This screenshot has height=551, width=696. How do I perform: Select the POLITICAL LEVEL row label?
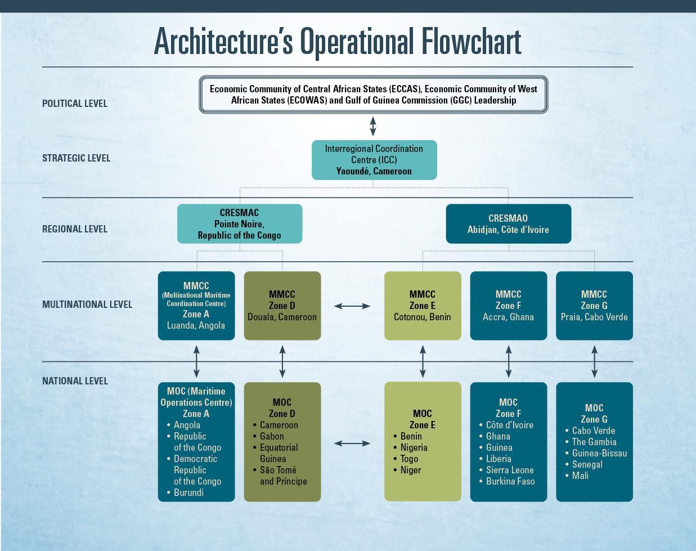tap(74, 104)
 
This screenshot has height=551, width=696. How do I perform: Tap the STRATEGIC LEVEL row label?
tap(76, 158)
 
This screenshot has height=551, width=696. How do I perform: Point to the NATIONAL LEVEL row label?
tap(75, 381)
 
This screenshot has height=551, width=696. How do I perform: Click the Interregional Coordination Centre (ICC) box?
tap(374, 160)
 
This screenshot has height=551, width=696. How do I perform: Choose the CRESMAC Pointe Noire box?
tap(240, 223)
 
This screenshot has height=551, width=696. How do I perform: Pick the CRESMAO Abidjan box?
tap(508, 223)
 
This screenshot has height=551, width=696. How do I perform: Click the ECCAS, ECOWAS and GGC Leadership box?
tap(373, 95)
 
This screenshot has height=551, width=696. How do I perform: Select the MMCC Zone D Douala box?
tap(282, 306)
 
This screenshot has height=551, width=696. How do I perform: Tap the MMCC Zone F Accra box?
tap(508, 306)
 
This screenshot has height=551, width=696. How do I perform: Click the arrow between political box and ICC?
tap(373, 126)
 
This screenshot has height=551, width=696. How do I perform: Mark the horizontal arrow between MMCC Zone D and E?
tap(352, 306)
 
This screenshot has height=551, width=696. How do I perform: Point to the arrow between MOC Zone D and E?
tap(352, 444)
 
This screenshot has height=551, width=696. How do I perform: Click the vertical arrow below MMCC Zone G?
tap(594, 361)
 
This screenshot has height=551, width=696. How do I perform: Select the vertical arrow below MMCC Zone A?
tap(196, 361)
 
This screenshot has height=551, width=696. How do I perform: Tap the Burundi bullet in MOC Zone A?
tap(188, 492)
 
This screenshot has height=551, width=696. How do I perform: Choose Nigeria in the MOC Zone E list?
tap(414, 447)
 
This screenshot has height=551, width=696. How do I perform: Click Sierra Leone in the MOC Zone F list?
tap(510, 470)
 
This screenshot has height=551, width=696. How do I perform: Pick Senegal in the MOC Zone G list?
tap(587, 464)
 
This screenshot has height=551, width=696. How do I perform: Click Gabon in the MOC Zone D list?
tap(272, 436)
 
